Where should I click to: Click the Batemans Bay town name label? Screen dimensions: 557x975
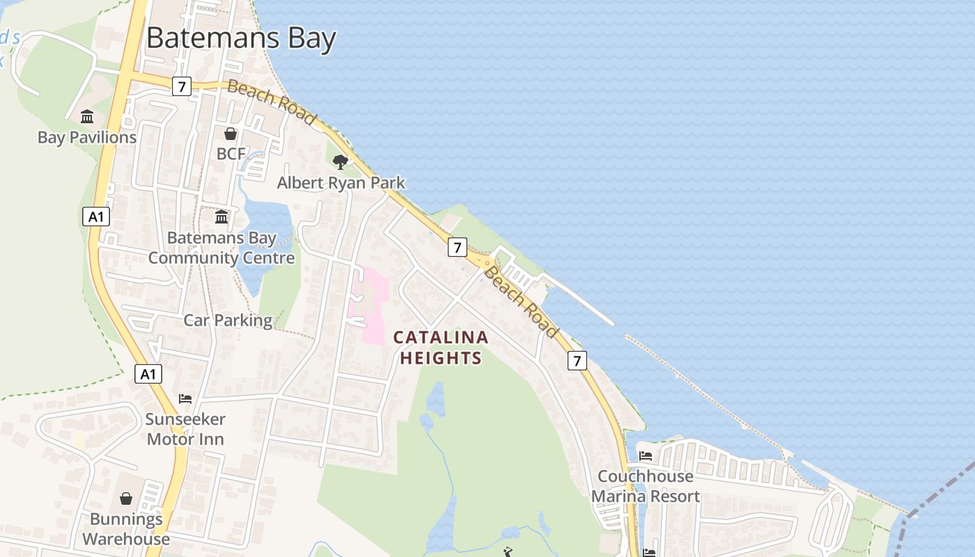pos(241,38)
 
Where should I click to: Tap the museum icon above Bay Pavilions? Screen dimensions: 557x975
pos(87,116)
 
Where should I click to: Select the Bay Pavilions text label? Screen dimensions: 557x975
pos(87,137)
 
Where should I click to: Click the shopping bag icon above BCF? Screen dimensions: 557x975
pos(231,133)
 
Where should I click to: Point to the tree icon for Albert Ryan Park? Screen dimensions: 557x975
pos(340,162)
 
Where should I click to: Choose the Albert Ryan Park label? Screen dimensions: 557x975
pos(341,182)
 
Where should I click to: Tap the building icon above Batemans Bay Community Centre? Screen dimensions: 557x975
pos(221,217)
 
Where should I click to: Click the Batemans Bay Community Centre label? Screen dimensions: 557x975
pos(221,248)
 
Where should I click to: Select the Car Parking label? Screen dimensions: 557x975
pos(228,320)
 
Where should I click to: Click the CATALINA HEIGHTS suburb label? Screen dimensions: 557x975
pos(441,347)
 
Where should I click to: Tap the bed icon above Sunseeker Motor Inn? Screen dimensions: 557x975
pos(185,399)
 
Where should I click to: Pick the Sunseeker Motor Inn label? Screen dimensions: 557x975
pos(185,429)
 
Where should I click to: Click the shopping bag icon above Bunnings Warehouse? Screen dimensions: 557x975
pos(126,499)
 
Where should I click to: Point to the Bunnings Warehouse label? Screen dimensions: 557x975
pos(126,529)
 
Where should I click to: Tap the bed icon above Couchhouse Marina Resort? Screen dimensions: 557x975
pos(646,456)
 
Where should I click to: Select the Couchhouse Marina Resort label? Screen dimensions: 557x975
pos(646,486)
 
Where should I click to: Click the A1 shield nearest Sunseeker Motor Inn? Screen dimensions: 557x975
pos(148,375)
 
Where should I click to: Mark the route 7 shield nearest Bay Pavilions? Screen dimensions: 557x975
pos(181,86)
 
